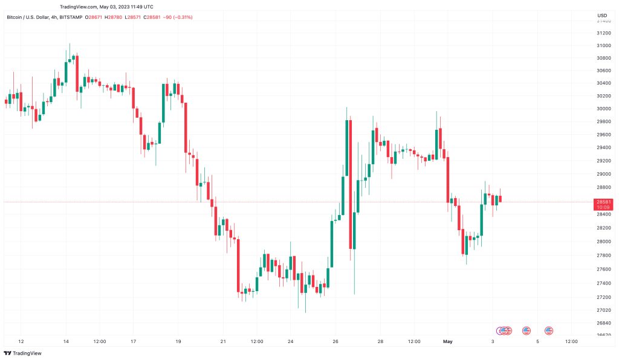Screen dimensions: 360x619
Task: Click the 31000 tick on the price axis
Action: click(602, 45)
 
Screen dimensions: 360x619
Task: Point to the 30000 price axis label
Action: click(602, 109)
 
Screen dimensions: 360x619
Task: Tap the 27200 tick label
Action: click(602, 297)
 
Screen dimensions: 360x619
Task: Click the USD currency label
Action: click(602, 15)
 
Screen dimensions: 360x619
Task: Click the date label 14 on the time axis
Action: click(66, 341)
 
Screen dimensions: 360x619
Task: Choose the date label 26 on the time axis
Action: click(335, 341)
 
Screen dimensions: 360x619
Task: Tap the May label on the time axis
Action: click(447, 341)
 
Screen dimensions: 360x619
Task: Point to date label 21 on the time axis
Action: click(223, 341)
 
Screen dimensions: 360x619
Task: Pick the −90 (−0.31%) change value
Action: click(180, 17)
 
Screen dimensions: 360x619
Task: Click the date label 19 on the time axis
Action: click(178, 341)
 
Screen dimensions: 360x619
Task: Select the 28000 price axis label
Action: click(602, 241)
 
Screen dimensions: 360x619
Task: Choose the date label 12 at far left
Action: click(21, 341)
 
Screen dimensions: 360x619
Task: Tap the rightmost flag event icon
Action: click(549, 330)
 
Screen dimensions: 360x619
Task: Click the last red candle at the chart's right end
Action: click(501, 199)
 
